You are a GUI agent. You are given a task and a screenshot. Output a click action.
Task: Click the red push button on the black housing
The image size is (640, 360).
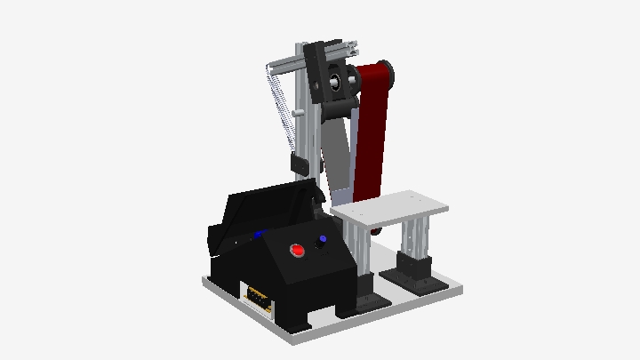tap(298, 252)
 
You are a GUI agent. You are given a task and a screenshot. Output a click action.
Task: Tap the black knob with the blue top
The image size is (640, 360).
tap(322, 240)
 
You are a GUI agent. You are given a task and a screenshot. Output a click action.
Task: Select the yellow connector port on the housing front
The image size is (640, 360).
tap(257, 298)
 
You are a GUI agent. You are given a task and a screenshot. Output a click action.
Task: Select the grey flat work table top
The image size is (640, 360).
tap(391, 210)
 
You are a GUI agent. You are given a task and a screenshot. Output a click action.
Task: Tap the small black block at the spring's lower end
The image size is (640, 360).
tap(299, 164)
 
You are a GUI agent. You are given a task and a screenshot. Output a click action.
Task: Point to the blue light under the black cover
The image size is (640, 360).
tap(259, 235)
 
